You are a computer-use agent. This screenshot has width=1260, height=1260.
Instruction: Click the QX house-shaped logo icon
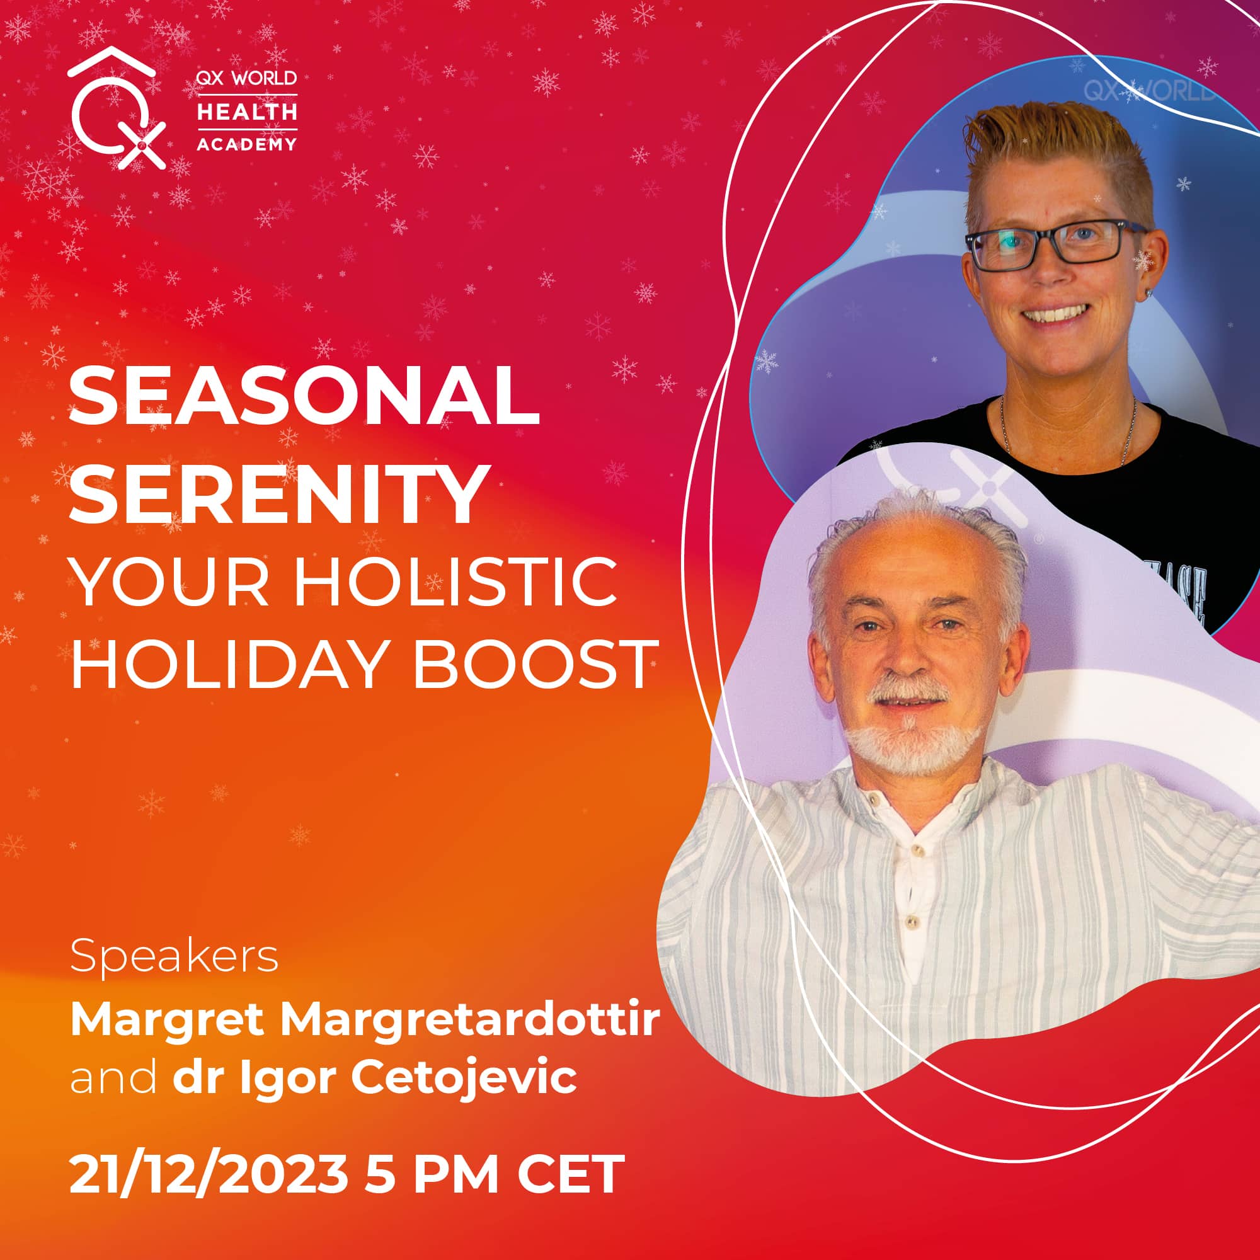click(x=116, y=108)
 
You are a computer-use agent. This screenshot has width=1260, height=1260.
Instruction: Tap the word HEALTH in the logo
click(x=247, y=112)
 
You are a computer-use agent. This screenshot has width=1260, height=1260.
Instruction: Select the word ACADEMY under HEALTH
click(x=247, y=144)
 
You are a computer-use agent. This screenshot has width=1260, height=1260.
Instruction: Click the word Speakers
click(x=174, y=957)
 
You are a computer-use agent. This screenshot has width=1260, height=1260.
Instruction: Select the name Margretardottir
click(x=470, y=1021)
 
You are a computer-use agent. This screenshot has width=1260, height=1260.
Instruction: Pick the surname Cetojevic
click(x=464, y=1077)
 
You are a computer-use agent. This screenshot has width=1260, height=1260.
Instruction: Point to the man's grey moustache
click(x=908, y=690)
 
